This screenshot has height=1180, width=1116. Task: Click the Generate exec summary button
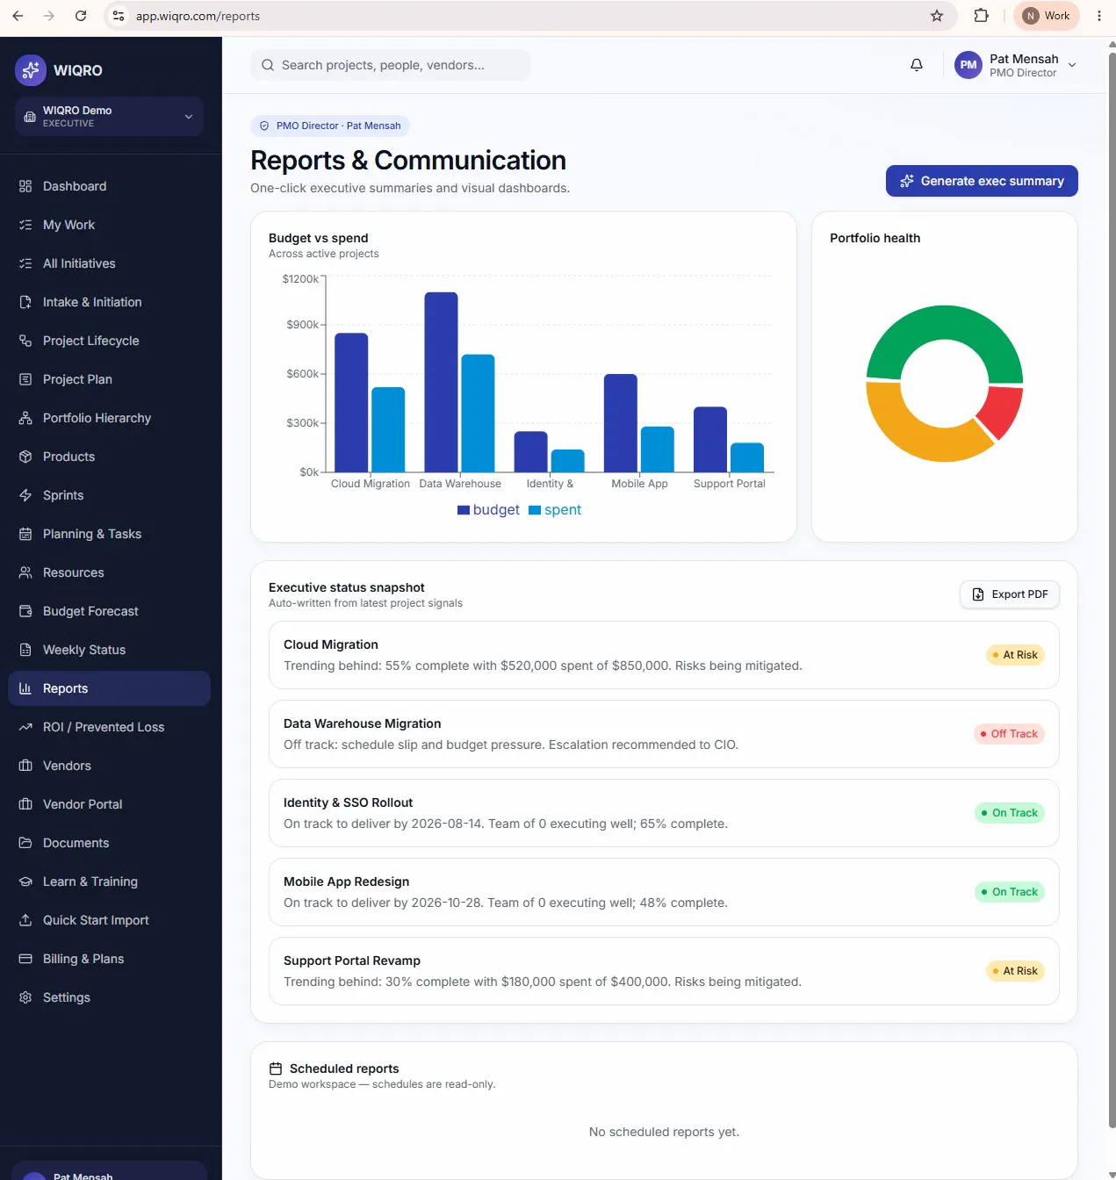click(x=982, y=181)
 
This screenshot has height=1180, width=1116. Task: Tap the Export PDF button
click(x=1009, y=594)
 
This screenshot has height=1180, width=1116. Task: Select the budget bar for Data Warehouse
click(x=441, y=382)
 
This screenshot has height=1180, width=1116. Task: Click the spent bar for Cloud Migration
click(x=388, y=429)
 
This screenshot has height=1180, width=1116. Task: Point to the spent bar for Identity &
click(x=567, y=460)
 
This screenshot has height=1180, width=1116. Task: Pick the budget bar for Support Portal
click(x=710, y=439)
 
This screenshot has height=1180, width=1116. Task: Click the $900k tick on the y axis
click(x=303, y=325)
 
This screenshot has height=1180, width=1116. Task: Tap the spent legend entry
click(x=555, y=509)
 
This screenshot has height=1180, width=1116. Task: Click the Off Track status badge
click(x=1009, y=733)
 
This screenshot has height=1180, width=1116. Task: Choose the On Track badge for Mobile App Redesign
click(x=1009, y=892)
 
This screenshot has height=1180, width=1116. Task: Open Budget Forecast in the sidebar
click(x=90, y=611)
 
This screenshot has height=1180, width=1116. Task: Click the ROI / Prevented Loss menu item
click(x=104, y=727)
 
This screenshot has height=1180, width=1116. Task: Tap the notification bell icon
click(x=916, y=65)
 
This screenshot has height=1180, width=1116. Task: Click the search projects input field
click(x=390, y=65)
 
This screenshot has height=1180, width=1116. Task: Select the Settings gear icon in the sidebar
click(x=25, y=997)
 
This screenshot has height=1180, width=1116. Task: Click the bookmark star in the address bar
click(x=937, y=16)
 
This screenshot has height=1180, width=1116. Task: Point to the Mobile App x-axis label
click(x=639, y=483)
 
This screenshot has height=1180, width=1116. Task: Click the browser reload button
click(x=81, y=16)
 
